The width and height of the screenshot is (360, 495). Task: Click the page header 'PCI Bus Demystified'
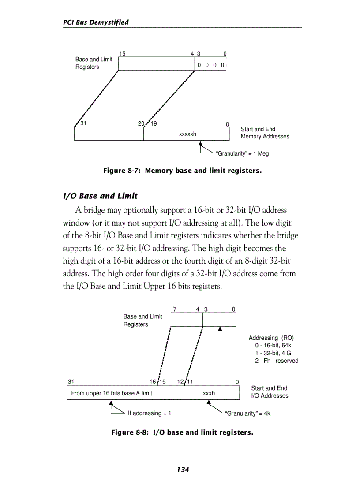pyautogui.click(x=96, y=22)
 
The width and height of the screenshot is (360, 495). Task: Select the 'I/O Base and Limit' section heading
pyautogui.click(x=101, y=196)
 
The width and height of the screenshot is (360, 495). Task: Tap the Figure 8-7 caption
pyautogui.click(x=182, y=170)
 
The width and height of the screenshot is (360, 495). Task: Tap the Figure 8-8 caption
pyautogui.click(x=182, y=432)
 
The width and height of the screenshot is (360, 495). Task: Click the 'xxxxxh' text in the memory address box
pyautogui.click(x=187, y=134)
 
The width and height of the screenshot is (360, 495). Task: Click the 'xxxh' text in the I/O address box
pyautogui.click(x=209, y=393)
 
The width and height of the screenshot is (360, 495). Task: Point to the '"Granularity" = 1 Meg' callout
pyautogui.click(x=242, y=153)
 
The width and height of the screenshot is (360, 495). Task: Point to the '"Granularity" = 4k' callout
pyautogui.click(x=247, y=413)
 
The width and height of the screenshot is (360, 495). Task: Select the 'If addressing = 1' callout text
pyautogui.click(x=149, y=413)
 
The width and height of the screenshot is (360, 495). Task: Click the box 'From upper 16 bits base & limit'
pyautogui.click(x=112, y=393)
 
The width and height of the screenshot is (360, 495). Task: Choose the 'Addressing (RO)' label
pyautogui.click(x=271, y=338)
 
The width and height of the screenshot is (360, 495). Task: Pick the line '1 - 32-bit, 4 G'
pyautogui.click(x=273, y=353)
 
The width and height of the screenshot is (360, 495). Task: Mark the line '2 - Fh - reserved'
pyautogui.click(x=276, y=361)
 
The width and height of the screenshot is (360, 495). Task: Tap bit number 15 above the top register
pyautogui.click(x=122, y=53)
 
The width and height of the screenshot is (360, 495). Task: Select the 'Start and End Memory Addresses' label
pyautogui.click(x=265, y=133)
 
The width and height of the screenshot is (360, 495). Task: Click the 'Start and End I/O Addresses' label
pyautogui.click(x=269, y=392)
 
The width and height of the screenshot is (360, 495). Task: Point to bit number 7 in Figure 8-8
pyautogui.click(x=175, y=309)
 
